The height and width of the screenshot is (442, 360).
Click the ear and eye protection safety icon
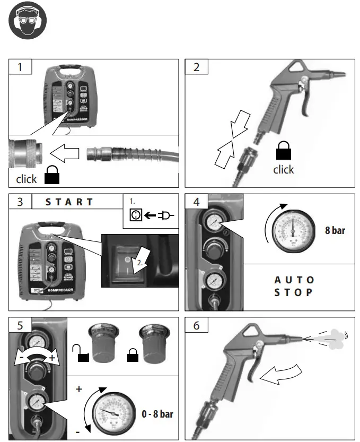(28, 21)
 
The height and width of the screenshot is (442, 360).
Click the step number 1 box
(20, 67)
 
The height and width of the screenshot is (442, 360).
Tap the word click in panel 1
(27, 179)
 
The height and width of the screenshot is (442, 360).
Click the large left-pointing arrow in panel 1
(65, 154)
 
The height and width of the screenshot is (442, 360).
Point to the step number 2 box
(196, 67)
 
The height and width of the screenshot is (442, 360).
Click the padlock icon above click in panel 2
(283, 154)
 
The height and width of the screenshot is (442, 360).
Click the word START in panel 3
(69, 202)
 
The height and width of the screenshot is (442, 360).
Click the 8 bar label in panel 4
(335, 231)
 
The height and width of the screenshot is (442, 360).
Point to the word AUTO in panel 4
(294, 280)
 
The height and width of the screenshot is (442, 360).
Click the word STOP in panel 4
(294, 292)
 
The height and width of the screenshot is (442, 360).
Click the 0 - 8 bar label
(158, 413)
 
